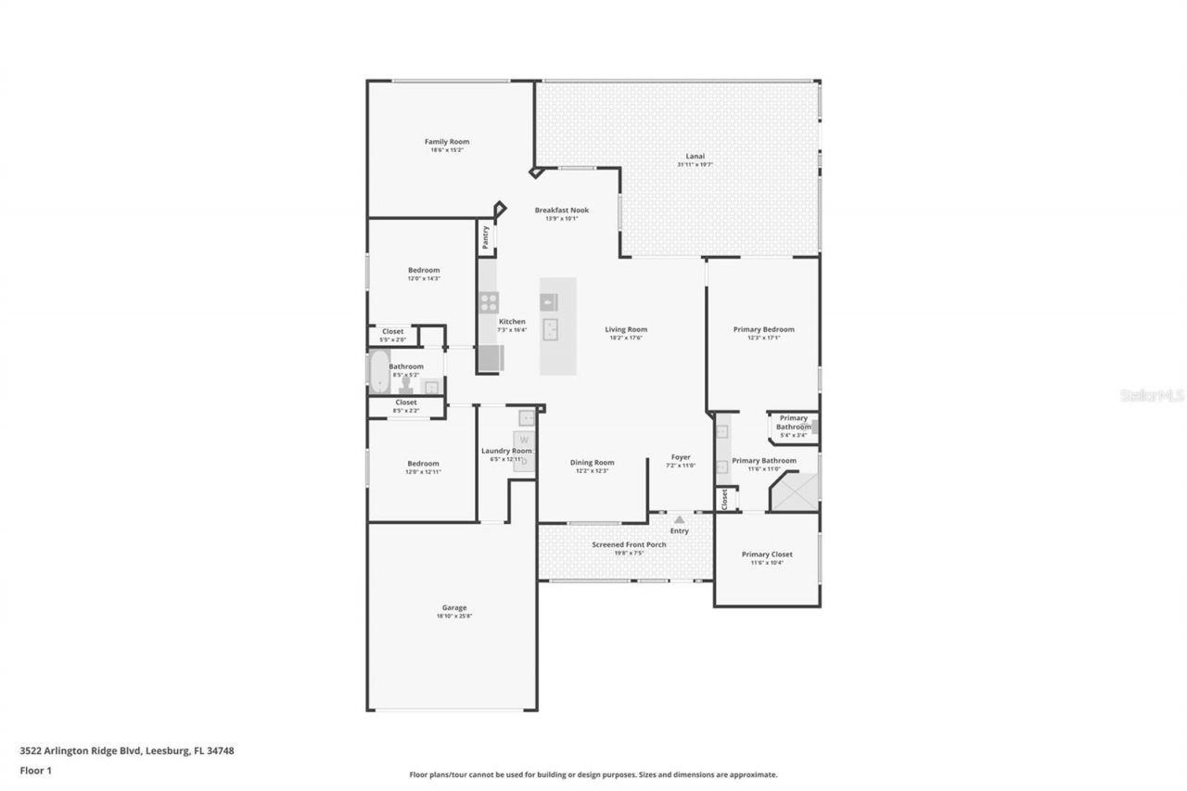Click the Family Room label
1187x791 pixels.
point(447,142)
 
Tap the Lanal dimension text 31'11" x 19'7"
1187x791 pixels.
point(695,165)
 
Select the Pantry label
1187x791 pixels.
point(485,237)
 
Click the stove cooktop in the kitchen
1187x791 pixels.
point(489,302)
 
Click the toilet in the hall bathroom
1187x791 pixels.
point(404,385)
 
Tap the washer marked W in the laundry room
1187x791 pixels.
point(524,440)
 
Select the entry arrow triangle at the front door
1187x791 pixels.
point(679,520)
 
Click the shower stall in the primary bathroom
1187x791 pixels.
point(795,491)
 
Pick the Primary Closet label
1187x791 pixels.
point(767,555)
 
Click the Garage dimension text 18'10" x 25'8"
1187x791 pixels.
point(453,617)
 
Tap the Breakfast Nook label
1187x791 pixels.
point(561,211)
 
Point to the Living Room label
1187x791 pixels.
point(626,329)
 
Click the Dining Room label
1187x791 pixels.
point(592,463)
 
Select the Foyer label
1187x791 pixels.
point(681,457)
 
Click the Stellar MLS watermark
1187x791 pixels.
point(1152,395)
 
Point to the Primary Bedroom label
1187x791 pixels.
point(763,329)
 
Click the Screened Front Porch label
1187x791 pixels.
point(629,544)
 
